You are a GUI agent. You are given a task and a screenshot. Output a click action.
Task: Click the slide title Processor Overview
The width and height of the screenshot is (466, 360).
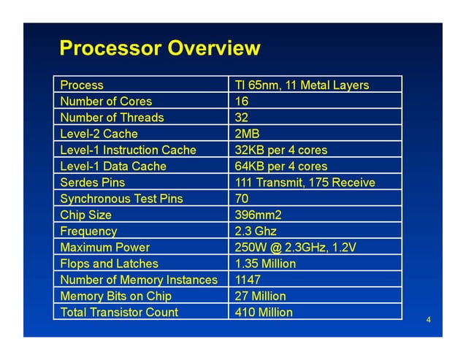[159, 49]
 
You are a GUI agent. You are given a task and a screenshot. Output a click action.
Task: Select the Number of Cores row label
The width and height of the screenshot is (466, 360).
[107, 102]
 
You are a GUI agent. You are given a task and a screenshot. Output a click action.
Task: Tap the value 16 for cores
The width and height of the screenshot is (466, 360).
[242, 102]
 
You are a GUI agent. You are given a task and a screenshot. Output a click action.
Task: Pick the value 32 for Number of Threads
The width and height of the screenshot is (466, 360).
[242, 118]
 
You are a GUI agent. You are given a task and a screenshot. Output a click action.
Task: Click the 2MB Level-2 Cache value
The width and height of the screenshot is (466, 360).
[248, 134]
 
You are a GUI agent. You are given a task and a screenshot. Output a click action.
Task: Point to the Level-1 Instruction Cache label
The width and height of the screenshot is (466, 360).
[129, 150]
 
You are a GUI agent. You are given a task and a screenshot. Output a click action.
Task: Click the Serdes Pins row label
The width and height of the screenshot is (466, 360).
[93, 183]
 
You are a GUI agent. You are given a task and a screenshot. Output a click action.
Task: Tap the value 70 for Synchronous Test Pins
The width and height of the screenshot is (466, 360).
[242, 199]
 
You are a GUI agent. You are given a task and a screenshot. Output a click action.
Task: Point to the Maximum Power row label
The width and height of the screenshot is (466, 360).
[105, 248]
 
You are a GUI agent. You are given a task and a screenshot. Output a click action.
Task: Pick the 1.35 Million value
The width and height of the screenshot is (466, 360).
[266, 264]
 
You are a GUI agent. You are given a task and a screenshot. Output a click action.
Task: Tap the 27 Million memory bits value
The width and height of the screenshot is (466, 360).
[261, 296]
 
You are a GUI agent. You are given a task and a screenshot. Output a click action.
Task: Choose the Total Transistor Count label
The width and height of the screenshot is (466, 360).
[119, 312]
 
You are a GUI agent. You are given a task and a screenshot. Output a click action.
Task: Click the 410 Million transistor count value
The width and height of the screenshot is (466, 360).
[264, 312]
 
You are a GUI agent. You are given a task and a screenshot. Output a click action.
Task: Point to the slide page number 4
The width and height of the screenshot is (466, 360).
[429, 320]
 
